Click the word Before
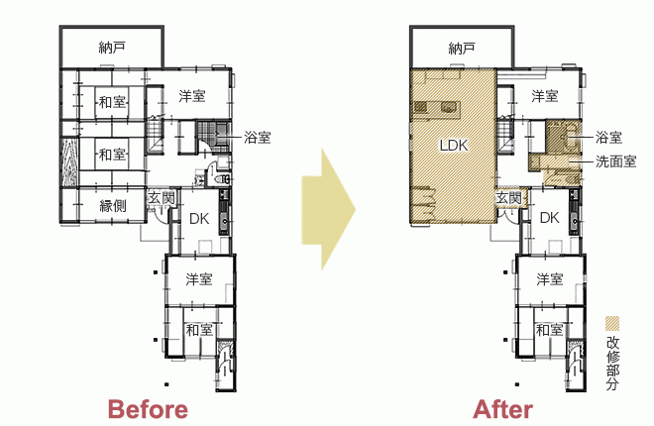(x=148, y=409)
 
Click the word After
(x=502, y=409)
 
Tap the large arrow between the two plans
(x=328, y=209)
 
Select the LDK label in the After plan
(x=454, y=146)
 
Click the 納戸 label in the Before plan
(x=112, y=48)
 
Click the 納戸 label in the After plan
(x=462, y=49)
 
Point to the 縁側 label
(x=113, y=205)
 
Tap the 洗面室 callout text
(x=615, y=161)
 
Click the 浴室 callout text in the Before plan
(x=258, y=137)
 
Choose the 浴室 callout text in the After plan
(x=609, y=137)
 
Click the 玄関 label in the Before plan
(x=161, y=198)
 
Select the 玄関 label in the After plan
(x=509, y=198)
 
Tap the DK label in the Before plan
(x=199, y=218)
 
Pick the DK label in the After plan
(x=549, y=218)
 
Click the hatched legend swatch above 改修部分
(x=612, y=323)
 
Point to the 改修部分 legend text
(x=612, y=363)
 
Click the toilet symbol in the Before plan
(x=221, y=179)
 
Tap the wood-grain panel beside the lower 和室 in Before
(x=69, y=161)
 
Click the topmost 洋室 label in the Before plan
(x=192, y=96)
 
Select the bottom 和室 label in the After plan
(x=549, y=330)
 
